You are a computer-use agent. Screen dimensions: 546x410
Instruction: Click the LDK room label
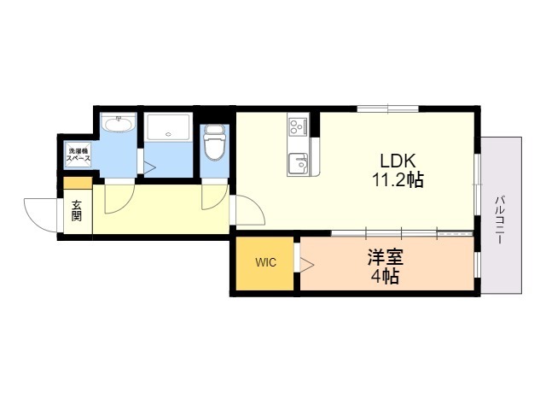tap(398, 161)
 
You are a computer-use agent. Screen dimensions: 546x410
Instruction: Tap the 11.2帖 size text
tap(398, 180)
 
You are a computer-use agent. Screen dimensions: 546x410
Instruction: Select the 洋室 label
tap(386, 258)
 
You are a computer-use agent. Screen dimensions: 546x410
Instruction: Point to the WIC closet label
tap(265, 262)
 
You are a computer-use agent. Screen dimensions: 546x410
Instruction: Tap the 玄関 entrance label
tap(77, 211)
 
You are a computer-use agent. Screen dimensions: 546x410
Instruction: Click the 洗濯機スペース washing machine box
tap(78, 155)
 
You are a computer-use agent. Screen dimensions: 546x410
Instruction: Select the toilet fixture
tap(214, 143)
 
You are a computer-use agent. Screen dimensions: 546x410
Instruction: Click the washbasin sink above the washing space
tap(119, 124)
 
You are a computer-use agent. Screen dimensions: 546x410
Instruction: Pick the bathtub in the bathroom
tap(169, 126)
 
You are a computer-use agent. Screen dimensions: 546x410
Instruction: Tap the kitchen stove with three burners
tap(298, 127)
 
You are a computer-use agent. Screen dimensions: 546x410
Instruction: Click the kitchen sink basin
tap(298, 163)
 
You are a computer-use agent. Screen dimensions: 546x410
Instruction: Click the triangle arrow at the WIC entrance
tap(307, 265)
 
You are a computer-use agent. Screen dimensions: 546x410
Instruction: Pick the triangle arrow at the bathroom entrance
tap(149, 168)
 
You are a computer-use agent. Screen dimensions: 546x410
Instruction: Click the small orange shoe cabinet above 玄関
tap(78, 183)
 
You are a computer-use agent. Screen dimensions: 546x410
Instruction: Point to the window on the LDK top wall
tap(387, 108)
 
